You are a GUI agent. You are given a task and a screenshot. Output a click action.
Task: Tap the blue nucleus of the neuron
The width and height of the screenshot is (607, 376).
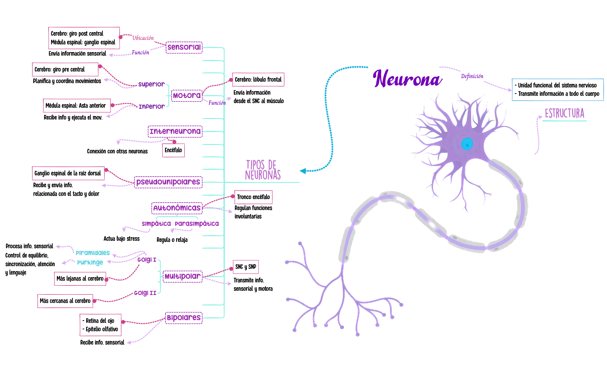(466, 144)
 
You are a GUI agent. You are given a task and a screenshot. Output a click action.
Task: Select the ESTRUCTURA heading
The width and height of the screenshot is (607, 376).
(564, 113)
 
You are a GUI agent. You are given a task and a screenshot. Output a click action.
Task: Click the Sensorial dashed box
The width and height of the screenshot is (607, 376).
(184, 47)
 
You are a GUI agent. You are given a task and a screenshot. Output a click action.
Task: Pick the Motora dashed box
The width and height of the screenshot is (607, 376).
(187, 95)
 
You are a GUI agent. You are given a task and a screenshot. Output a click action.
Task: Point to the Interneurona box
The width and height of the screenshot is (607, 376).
(175, 132)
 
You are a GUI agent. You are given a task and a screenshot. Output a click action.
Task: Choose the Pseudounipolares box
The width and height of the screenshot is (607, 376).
(168, 182)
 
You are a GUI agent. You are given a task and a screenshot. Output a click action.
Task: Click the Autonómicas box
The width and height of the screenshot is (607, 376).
(177, 208)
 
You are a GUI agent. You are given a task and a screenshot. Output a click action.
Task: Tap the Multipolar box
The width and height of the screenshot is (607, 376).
(182, 277)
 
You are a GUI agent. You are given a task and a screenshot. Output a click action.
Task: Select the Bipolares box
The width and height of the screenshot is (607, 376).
(184, 318)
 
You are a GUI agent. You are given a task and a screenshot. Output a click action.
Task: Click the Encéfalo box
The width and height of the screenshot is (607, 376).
(173, 150)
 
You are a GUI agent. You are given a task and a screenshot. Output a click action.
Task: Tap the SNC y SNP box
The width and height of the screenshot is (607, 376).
(246, 267)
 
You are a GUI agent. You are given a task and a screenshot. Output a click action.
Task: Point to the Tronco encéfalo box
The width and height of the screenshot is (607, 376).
(253, 197)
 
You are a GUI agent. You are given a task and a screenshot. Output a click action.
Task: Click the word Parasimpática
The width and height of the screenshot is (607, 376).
(197, 224)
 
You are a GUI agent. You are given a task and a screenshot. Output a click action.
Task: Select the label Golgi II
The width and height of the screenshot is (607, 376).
(145, 293)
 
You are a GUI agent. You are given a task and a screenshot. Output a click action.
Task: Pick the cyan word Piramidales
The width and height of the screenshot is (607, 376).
(93, 253)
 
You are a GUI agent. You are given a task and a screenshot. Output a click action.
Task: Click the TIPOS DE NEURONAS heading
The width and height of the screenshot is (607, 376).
(263, 170)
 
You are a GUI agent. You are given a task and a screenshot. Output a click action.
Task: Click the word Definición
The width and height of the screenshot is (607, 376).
(472, 76)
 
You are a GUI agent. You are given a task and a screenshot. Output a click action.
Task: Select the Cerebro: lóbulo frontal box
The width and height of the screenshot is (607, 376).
(258, 80)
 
